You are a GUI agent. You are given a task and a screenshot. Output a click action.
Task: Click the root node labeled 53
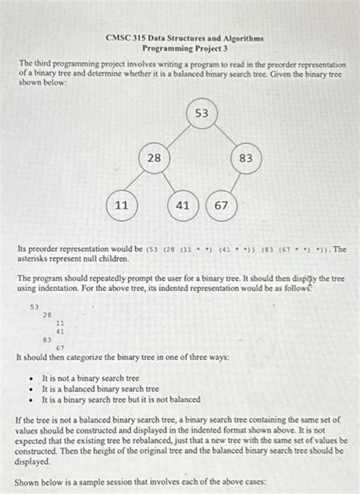[x=201, y=114]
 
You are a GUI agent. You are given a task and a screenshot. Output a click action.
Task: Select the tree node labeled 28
[x=153, y=158]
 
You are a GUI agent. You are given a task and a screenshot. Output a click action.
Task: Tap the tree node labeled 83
[x=245, y=158]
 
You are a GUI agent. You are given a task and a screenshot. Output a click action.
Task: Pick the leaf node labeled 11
[x=121, y=205]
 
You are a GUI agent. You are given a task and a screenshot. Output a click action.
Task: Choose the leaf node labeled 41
[x=182, y=205]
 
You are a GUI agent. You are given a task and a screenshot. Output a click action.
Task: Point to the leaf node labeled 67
[x=221, y=205]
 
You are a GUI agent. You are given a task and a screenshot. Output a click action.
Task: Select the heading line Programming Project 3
[x=179, y=48]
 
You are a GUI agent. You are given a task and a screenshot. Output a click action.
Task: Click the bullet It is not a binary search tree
[x=90, y=378]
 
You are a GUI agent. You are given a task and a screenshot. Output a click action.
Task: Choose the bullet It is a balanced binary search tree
[x=100, y=388]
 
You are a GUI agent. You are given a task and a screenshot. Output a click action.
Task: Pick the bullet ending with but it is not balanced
[x=121, y=399]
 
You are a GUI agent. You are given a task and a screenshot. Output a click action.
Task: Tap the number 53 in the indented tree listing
[x=34, y=306]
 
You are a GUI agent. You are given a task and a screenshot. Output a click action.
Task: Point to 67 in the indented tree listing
[x=60, y=347]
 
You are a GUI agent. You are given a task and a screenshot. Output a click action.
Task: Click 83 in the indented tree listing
[x=47, y=340]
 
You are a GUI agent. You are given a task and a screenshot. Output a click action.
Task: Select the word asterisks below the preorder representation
[x=36, y=259]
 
